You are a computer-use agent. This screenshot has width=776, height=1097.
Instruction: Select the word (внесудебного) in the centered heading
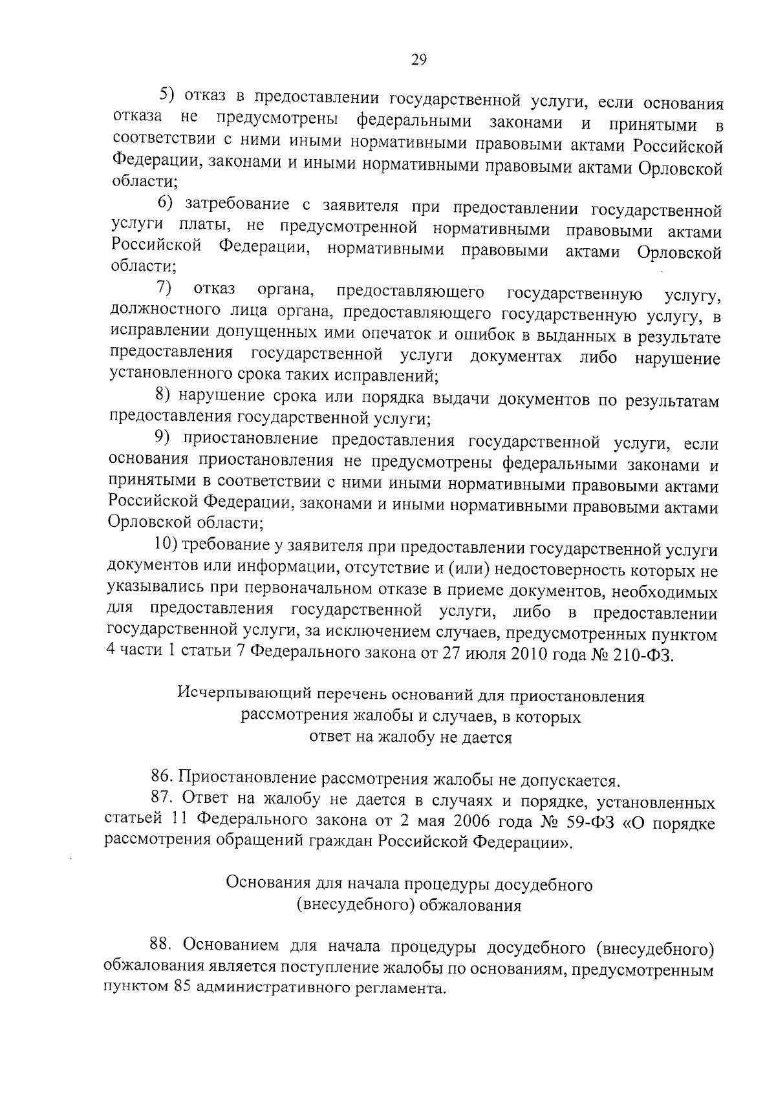click(x=354, y=905)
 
